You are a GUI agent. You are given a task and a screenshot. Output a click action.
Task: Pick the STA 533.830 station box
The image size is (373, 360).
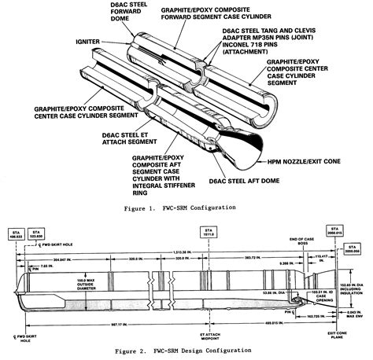pos(39,235)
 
